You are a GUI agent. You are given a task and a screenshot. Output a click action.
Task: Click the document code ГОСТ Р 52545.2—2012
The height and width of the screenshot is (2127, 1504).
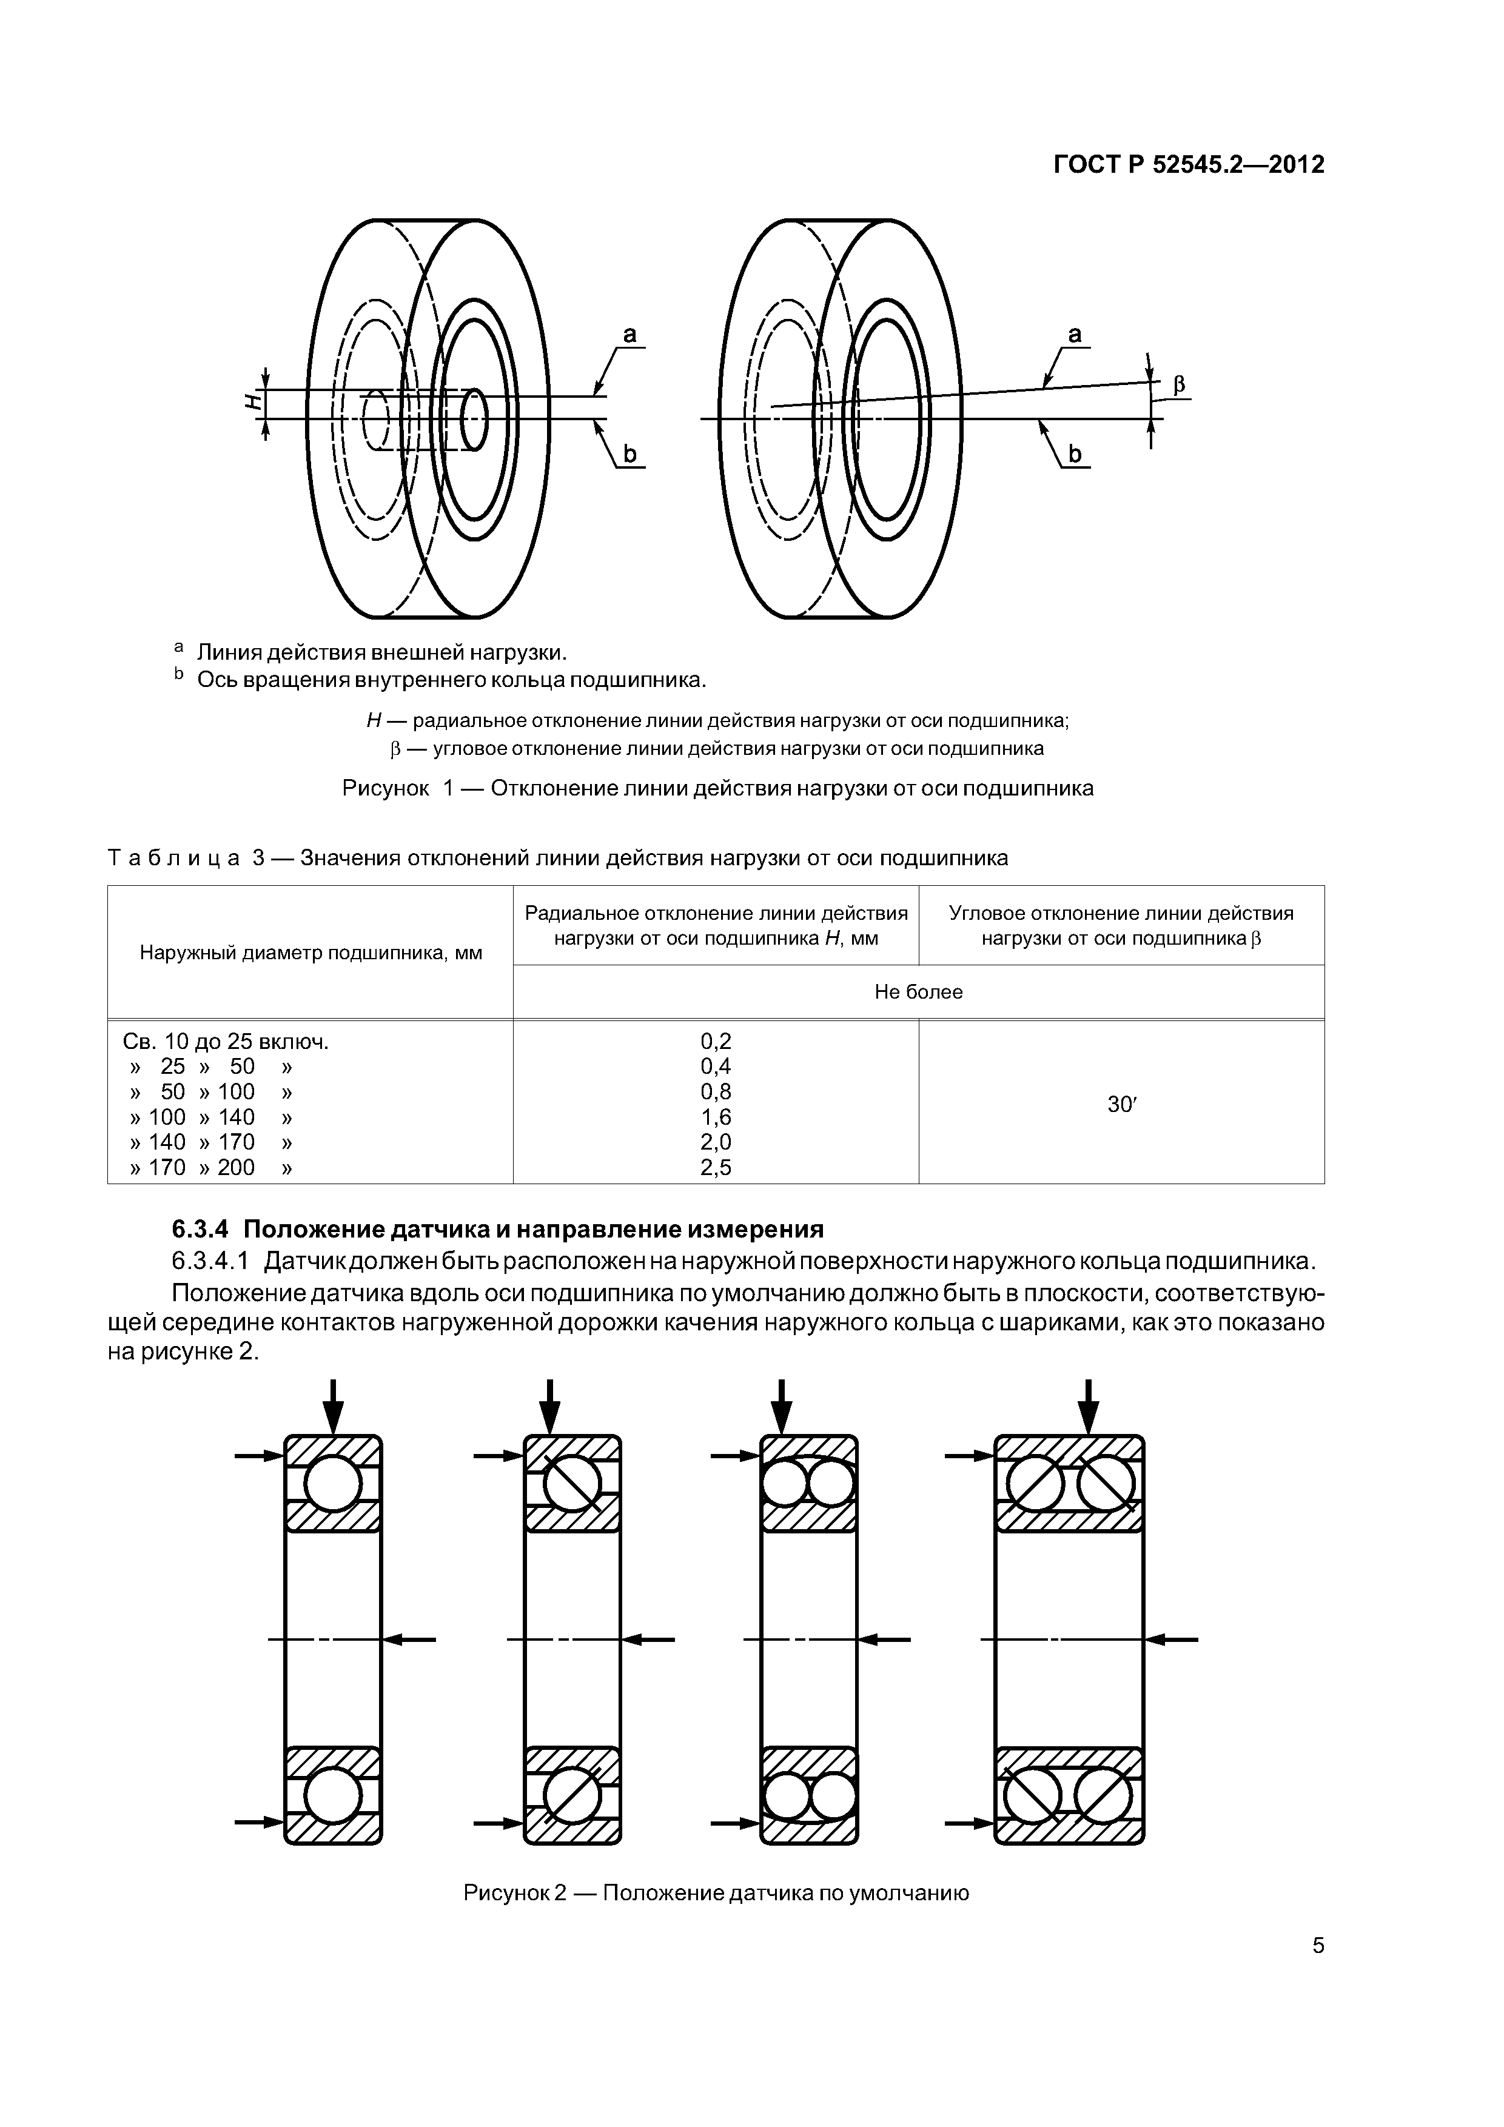[x=1189, y=165]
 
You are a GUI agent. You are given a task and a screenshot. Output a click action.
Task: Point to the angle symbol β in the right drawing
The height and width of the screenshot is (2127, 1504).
[x=1180, y=384]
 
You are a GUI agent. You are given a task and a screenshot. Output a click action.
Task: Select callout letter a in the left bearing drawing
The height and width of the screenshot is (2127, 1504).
[x=629, y=335]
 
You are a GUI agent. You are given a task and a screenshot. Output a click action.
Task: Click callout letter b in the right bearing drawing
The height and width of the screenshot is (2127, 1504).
[x=1075, y=454]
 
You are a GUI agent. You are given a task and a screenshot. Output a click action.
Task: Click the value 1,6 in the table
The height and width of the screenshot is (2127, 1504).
[x=716, y=1117]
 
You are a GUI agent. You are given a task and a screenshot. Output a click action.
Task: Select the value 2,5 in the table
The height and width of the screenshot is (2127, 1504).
[x=716, y=1167]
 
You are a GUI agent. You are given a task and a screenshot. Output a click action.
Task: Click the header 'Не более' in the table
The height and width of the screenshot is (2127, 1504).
[x=918, y=992]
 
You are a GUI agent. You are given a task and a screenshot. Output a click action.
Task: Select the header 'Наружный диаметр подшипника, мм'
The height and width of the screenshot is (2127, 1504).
[x=311, y=953]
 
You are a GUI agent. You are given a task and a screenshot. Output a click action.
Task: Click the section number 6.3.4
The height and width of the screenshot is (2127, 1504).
[x=201, y=1229]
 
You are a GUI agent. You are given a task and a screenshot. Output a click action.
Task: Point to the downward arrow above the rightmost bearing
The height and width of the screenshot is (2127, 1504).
[x=1089, y=1406]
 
